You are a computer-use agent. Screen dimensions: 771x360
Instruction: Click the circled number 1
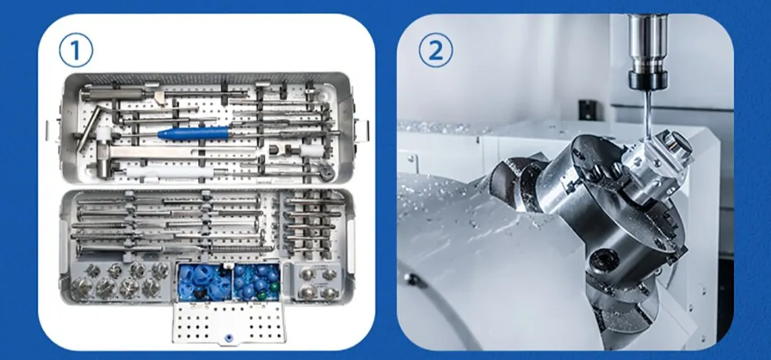[x=76, y=51]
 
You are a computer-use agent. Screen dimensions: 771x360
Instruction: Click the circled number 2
[x=436, y=51]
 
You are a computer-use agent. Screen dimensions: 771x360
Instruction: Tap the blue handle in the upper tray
[x=194, y=133]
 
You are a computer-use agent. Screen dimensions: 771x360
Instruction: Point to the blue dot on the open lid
[x=227, y=338]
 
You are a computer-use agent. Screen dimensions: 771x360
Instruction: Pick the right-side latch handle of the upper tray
[x=362, y=130]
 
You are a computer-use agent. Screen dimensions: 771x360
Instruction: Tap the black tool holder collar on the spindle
[x=648, y=80]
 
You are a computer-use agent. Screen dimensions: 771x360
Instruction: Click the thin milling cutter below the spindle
[x=648, y=113]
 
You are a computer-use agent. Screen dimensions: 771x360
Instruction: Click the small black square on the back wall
[x=585, y=109]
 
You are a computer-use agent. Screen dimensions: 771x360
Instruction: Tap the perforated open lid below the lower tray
[x=229, y=321]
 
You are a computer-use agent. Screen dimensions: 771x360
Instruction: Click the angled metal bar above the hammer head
[x=89, y=129]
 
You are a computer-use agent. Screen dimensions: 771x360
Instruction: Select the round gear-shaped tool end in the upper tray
[x=325, y=172]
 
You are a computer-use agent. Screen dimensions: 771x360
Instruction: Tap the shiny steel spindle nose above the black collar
[x=648, y=44]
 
